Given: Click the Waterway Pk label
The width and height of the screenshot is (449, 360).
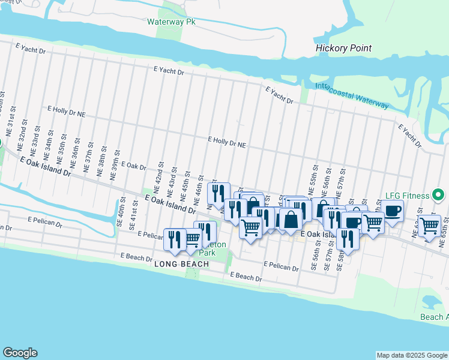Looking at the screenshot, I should tap(172, 22).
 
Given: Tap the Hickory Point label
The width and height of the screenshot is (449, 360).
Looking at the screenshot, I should tap(344, 48).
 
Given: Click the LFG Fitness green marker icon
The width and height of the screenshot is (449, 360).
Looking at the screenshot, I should tap(439, 195).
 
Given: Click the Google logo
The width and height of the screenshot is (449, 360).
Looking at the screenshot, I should tap(20, 353).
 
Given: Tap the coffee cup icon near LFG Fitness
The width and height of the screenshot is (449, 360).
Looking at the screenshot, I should tap(393, 211).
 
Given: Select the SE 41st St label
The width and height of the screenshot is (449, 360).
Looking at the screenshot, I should tap(133, 218).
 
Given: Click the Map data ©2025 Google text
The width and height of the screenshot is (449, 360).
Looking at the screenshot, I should tap(412, 355).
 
